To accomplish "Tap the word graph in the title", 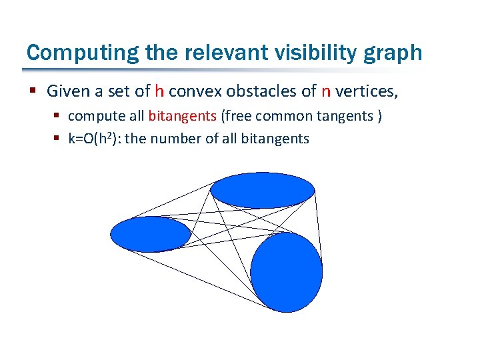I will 396,53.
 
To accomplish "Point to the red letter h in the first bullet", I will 159,91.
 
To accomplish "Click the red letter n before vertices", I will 326,91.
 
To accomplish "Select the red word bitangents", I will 182,116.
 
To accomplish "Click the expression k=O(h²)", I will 94,139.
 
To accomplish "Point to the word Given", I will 67,91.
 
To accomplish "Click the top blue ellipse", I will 262,191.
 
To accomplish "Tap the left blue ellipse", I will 151,234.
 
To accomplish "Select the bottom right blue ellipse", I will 286,271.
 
